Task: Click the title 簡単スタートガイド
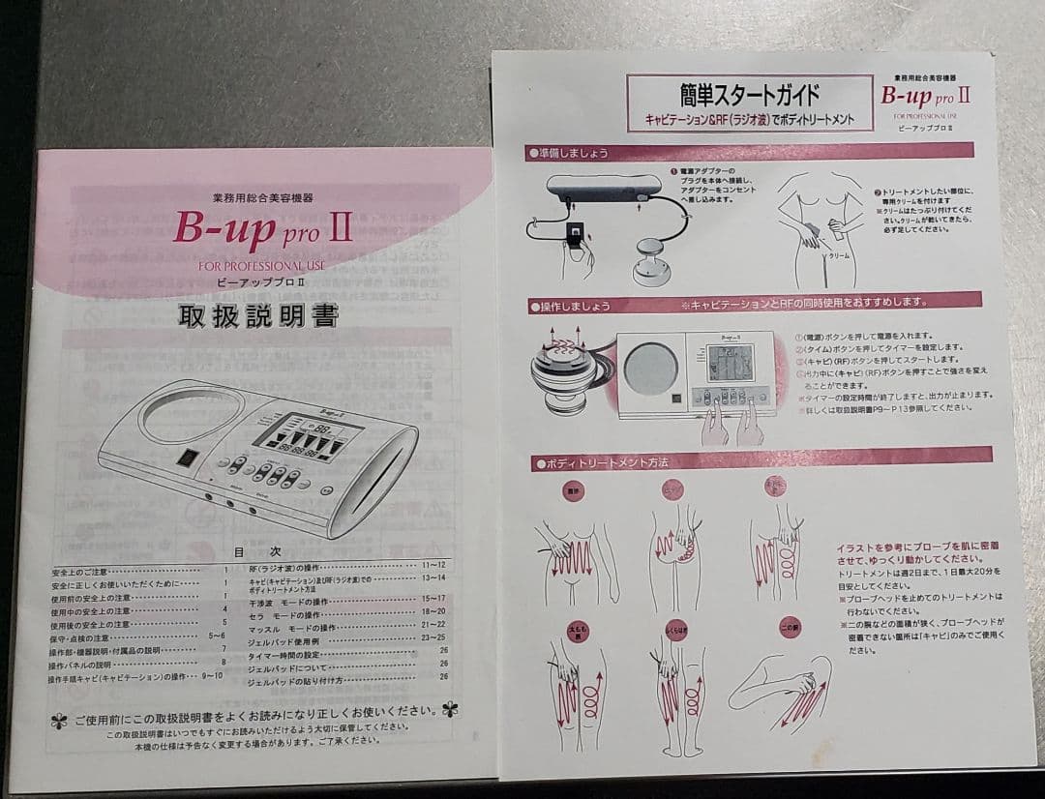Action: pyautogui.click(x=750, y=95)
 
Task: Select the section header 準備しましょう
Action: pyautogui.click(x=570, y=153)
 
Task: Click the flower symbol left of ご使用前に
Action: pyautogui.click(x=60, y=720)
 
